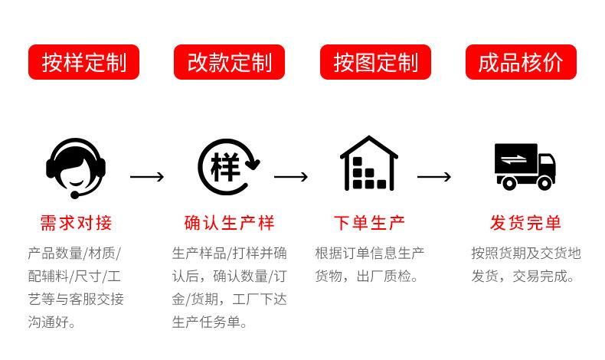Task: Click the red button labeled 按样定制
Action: pyautogui.click(x=83, y=62)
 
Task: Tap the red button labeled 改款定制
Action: pyautogui.click(x=229, y=62)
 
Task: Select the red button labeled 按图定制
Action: pyautogui.click(x=375, y=62)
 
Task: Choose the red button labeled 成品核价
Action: pyautogui.click(x=521, y=62)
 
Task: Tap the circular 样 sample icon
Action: pyautogui.click(x=228, y=165)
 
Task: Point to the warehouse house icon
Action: pyautogui.click(x=368, y=163)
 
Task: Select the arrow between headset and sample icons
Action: pyautogui.click(x=147, y=178)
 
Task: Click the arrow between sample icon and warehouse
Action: pyautogui.click(x=291, y=178)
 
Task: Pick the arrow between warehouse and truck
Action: pyautogui.click(x=434, y=178)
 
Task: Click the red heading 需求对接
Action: pyautogui.click(x=76, y=224)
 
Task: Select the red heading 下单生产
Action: pyautogui.click(x=369, y=224)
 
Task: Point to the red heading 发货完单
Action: pyautogui.click(x=525, y=224)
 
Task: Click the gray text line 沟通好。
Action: pyautogui.click(x=52, y=322)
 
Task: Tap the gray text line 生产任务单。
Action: pyautogui.click(x=210, y=322)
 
